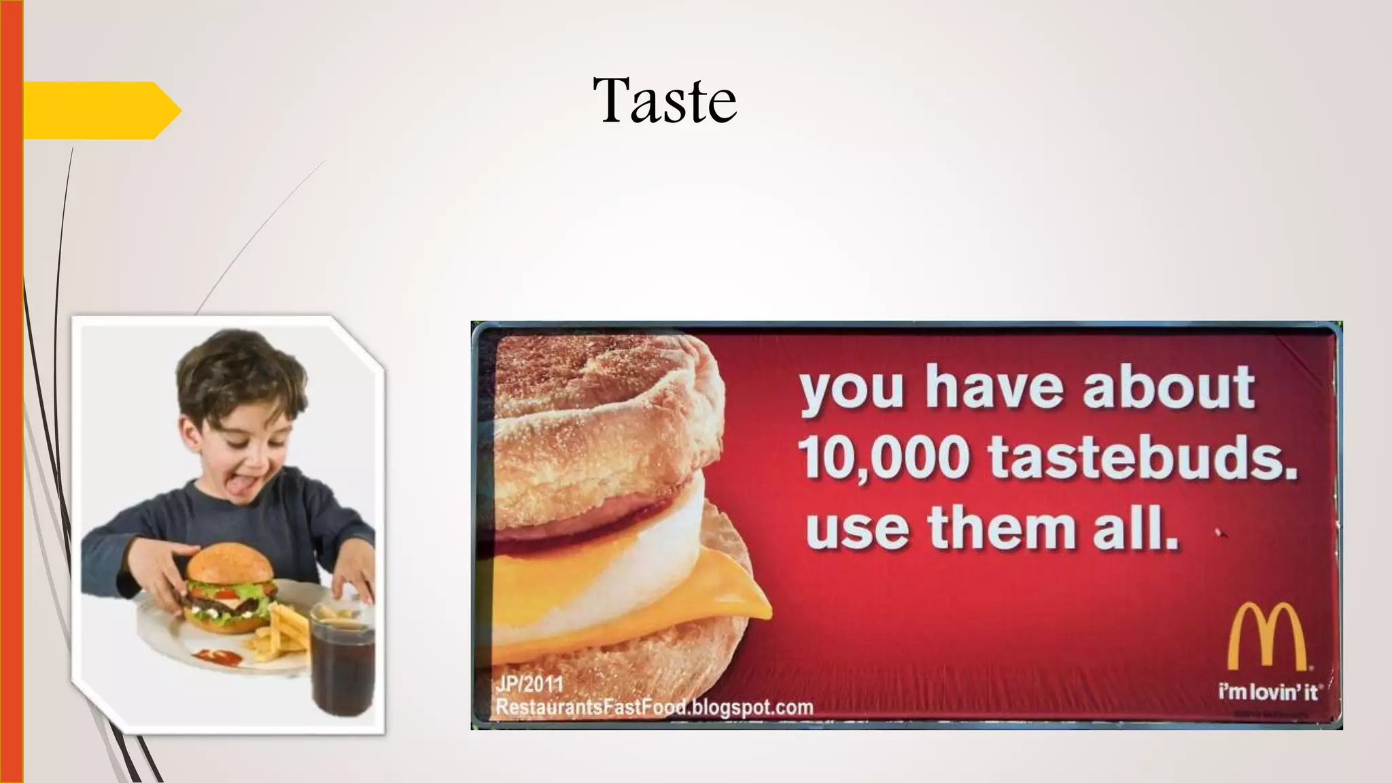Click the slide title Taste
(664, 101)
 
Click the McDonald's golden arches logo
(1266, 637)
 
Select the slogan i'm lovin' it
(1268, 693)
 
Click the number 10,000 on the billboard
(884, 457)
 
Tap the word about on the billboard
(1168, 387)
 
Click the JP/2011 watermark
(529, 682)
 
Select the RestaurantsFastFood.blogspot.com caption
(654, 707)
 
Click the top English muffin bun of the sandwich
(605, 408)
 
